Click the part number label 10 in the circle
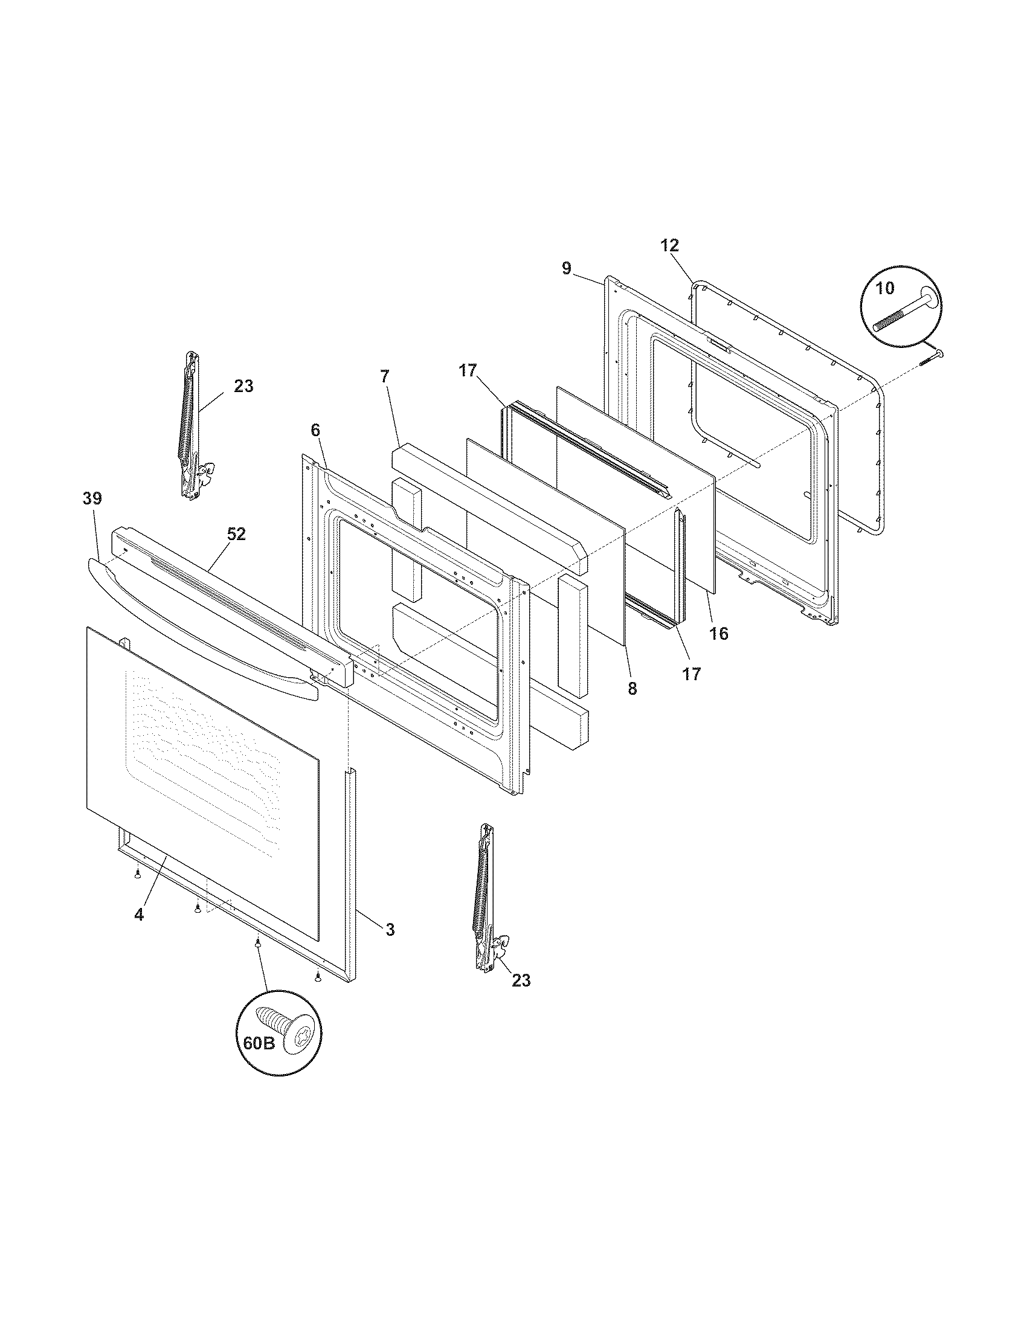click(x=885, y=288)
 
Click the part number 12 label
click(x=669, y=246)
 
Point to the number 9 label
click(x=567, y=268)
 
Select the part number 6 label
click(x=315, y=430)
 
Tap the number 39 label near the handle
click(x=92, y=498)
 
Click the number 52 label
click(x=236, y=533)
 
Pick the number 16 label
click(x=718, y=634)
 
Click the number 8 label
click(x=632, y=689)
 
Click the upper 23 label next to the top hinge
click(x=243, y=386)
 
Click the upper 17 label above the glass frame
click(x=468, y=370)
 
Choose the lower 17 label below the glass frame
click(x=692, y=674)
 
